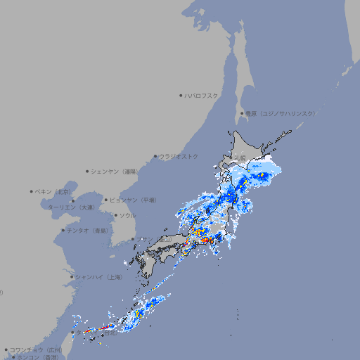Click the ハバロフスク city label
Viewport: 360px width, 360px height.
202,95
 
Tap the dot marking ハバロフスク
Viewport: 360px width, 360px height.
181,95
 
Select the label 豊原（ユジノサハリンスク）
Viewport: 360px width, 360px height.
281,113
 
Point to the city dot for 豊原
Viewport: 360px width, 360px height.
242,113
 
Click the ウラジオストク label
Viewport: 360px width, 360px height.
179,156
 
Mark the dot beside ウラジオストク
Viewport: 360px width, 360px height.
155,156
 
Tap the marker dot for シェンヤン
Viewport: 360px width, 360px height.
88,171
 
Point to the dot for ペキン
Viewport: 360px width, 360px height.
32,191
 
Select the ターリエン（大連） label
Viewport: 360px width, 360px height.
71,207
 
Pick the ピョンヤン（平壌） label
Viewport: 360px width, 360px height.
133,200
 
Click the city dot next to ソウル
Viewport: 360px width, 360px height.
115,215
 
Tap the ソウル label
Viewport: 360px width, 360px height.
127,215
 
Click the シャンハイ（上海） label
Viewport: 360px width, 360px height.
98,277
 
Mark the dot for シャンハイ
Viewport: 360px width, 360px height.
72,277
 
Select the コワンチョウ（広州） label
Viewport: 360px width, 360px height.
36,349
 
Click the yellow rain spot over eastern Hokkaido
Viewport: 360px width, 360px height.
262,174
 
